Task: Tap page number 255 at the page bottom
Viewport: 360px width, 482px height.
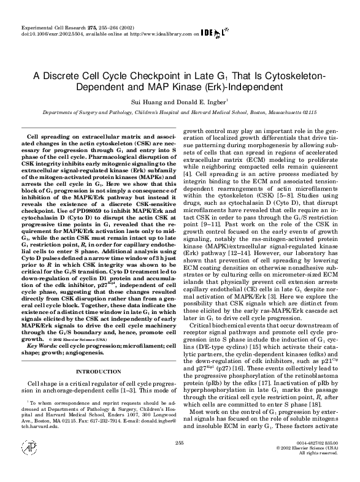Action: [x=180, y=459]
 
